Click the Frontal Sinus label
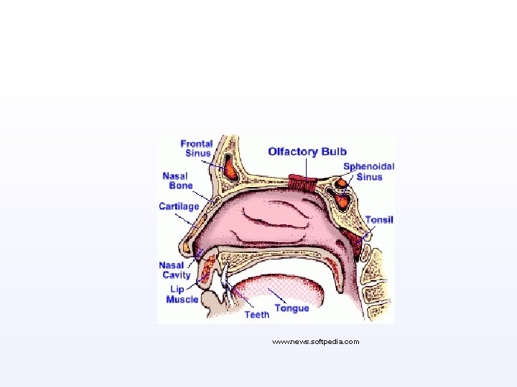196,148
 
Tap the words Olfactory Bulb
307,151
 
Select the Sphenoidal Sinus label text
368,172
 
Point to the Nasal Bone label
177,181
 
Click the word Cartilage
179,206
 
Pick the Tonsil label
379,219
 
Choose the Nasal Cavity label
175,270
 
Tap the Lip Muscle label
182,295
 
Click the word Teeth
257,314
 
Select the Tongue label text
292,308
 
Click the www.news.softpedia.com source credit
315,342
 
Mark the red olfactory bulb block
303,181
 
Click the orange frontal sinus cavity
231,171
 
